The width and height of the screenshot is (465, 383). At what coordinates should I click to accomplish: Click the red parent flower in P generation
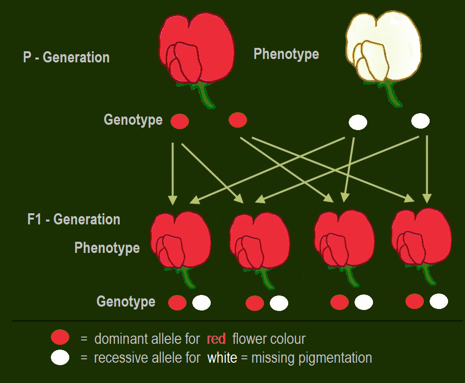coord(197,48)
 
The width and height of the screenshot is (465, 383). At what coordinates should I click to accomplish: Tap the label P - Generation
coord(66,58)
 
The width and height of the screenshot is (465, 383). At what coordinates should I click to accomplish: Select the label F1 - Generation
coord(74,219)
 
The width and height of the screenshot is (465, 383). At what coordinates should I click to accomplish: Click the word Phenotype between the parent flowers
coord(286,54)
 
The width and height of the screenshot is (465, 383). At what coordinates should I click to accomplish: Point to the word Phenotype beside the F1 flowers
coord(107,248)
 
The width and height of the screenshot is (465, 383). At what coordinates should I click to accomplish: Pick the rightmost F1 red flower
coord(421,238)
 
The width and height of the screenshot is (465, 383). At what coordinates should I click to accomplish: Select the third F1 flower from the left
coord(344,239)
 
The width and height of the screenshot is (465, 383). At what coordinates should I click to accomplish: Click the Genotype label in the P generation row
coord(133,120)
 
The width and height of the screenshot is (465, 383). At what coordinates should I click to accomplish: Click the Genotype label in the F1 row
coord(126,302)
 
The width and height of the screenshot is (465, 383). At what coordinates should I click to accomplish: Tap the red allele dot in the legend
coord(60,338)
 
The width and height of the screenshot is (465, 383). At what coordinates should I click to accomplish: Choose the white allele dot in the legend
coord(60,358)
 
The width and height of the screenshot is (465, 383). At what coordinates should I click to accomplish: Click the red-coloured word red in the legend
coord(216,339)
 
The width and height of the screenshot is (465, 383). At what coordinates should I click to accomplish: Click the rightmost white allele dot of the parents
coord(420,121)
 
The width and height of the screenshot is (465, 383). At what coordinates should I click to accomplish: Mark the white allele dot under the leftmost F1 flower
coord(201,303)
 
